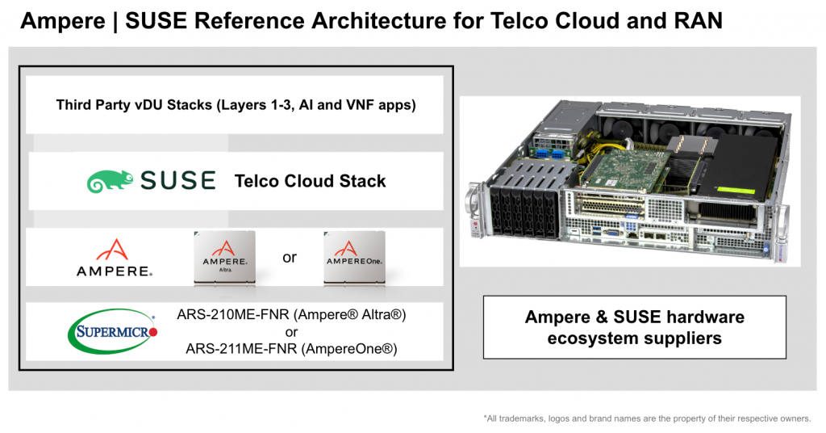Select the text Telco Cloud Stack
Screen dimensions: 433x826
(310, 181)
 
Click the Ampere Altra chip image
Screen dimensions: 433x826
(224, 257)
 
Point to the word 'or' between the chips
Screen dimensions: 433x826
(290, 258)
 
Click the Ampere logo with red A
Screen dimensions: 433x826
(114, 258)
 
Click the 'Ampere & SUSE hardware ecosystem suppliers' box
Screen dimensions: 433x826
(634, 327)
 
